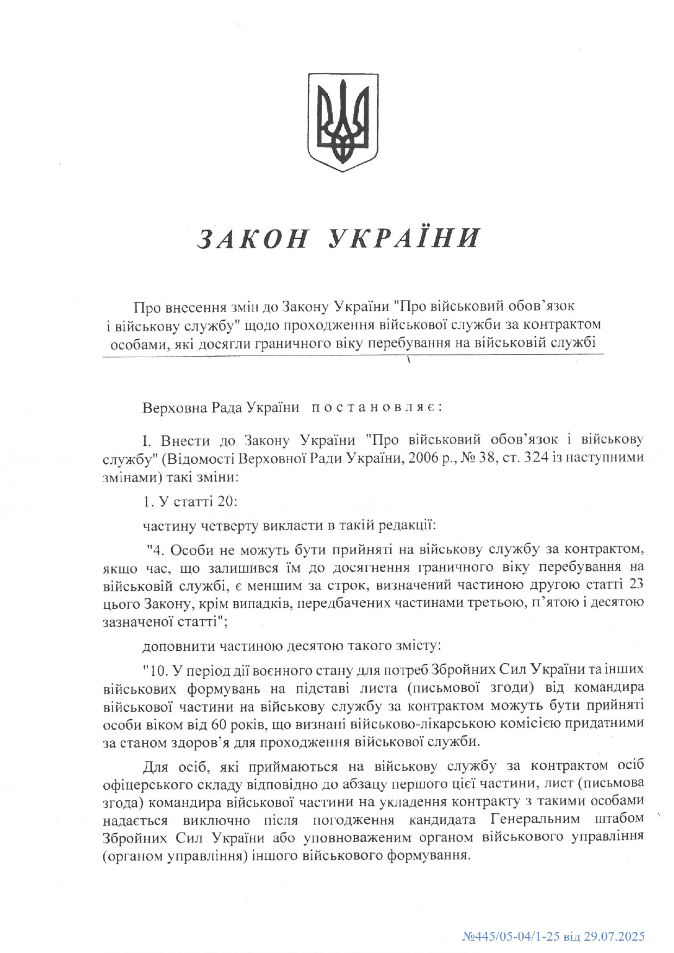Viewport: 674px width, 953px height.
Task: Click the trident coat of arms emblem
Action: click(x=343, y=122)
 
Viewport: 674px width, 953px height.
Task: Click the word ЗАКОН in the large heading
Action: click(x=252, y=238)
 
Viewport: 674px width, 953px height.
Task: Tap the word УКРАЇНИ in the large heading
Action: click(x=405, y=238)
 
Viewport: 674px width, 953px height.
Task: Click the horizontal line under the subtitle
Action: click(x=353, y=356)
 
